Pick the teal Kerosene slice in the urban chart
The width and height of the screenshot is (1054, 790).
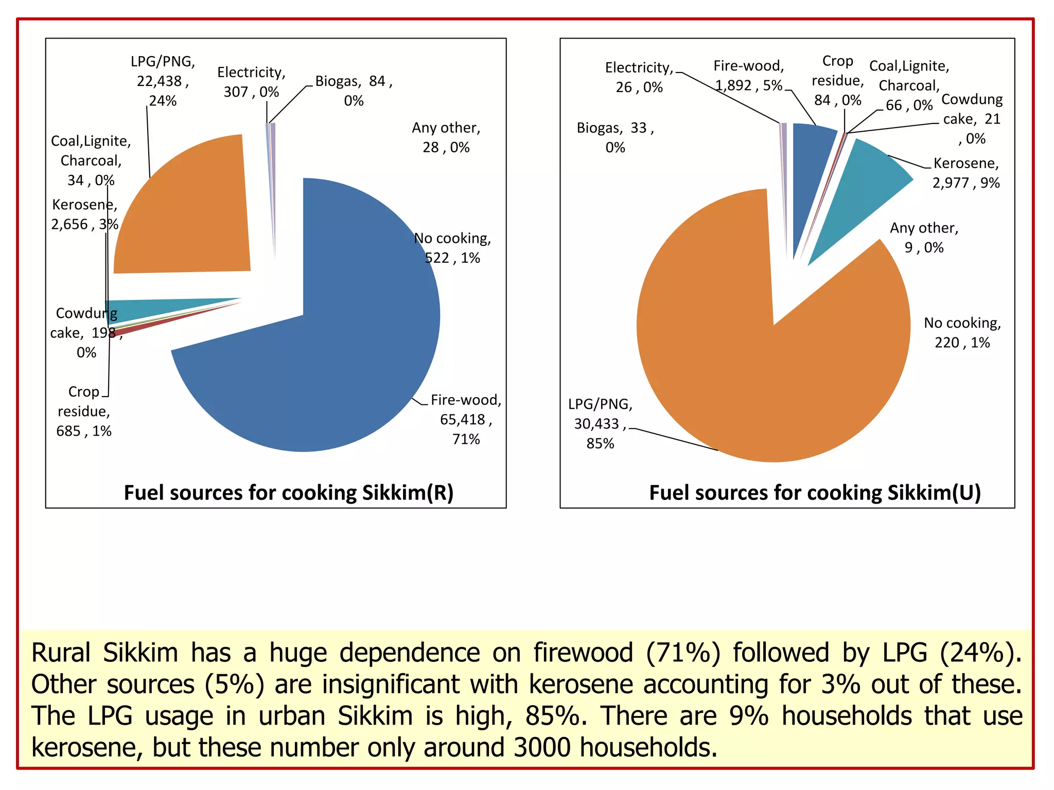(x=859, y=195)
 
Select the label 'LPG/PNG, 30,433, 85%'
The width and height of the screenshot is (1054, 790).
(x=600, y=423)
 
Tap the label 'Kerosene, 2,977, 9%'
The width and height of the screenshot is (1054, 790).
(x=965, y=173)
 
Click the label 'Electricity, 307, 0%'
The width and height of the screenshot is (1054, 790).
(x=251, y=82)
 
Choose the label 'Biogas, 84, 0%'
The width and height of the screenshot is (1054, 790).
(x=354, y=91)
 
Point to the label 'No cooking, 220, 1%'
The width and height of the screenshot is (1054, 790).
(x=962, y=332)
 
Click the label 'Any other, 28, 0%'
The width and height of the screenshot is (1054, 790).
(x=446, y=137)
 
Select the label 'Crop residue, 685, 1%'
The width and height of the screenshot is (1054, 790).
(x=84, y=411)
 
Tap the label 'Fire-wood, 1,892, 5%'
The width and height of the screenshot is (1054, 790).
(x=748, y=75)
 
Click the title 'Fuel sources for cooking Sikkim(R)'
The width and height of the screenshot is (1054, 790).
(x=289, y=492)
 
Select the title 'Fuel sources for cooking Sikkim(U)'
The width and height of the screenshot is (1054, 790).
(x=815, y=492)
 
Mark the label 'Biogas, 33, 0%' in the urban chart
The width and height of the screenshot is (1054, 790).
(x=615, y=137)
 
